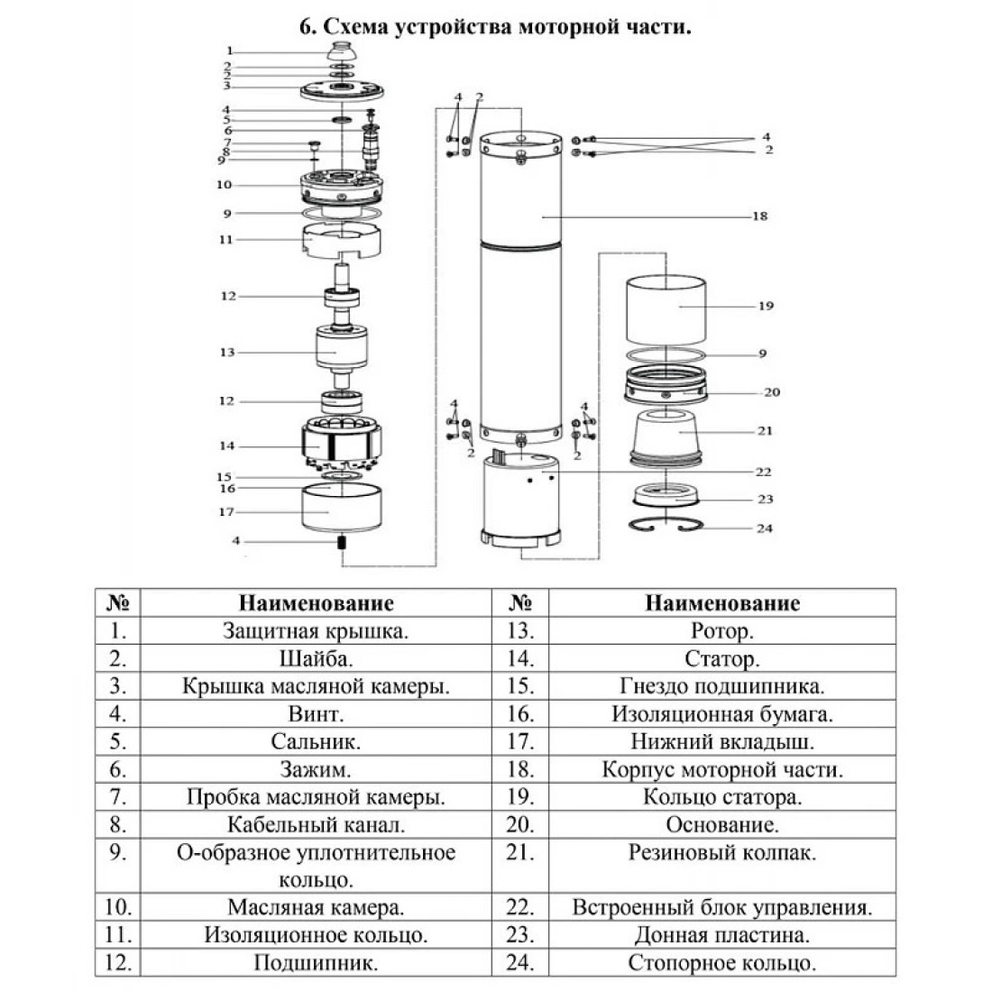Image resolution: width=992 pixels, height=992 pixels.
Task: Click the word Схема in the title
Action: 355,27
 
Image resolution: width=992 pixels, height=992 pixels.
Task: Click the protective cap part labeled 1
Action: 343,51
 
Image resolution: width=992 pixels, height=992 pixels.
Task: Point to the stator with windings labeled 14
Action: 343,442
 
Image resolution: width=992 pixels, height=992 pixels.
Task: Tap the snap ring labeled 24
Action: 666,525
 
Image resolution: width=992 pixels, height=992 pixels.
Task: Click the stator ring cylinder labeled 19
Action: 666,310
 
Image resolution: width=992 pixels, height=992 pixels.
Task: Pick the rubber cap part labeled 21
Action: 666,437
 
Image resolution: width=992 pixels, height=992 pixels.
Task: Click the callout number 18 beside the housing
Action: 760,216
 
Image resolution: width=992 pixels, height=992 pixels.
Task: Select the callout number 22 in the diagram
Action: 764,472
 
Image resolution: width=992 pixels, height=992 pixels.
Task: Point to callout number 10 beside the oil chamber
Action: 224,185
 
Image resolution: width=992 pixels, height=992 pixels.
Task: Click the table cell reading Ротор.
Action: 721,630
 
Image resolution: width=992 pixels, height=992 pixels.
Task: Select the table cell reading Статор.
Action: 721,658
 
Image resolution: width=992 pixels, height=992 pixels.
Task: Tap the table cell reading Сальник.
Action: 316,741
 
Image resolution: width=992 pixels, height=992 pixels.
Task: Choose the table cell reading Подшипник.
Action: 316,962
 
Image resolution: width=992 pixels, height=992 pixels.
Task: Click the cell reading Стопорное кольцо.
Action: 721,962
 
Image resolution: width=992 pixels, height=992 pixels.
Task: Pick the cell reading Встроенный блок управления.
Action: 721,907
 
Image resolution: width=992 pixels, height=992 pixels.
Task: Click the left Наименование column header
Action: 316,603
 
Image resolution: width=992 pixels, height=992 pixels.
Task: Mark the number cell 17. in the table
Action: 520,741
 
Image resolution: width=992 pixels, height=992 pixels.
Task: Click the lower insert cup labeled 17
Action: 342,508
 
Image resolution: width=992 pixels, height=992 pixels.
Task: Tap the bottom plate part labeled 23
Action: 666,494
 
